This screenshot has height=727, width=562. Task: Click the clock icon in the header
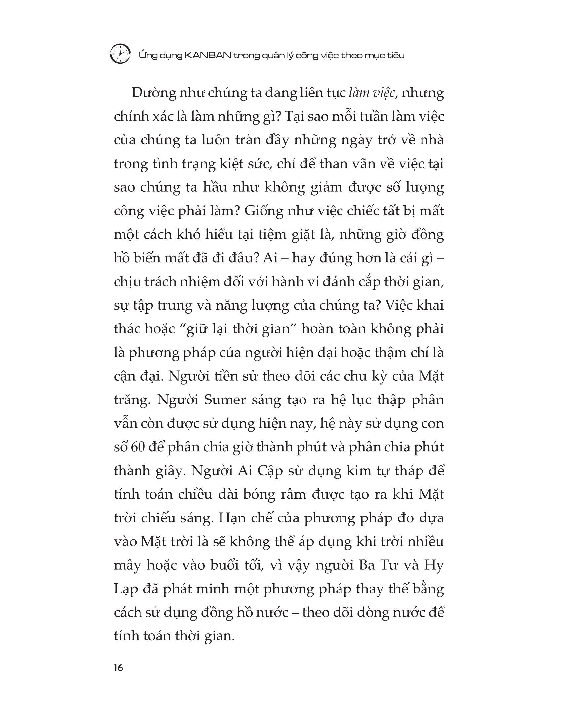tap(120, 53)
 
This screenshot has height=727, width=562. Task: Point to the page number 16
tap(118, 668)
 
